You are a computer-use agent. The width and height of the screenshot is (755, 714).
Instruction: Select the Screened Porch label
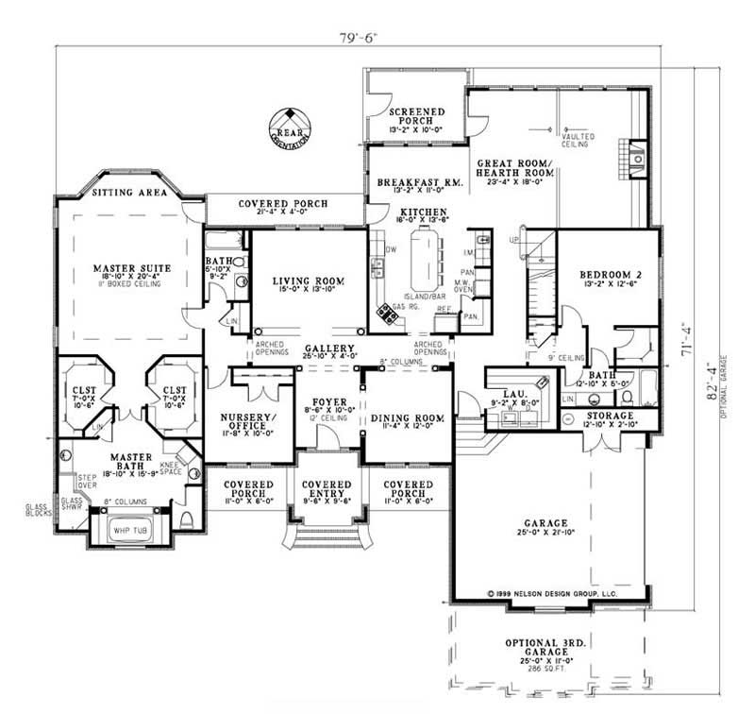(416, 115)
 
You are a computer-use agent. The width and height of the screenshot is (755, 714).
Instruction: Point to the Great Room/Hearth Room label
(514, 167)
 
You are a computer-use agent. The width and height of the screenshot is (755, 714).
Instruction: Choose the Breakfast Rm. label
(417, 182)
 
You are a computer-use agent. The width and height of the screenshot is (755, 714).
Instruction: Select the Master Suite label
(131, 268)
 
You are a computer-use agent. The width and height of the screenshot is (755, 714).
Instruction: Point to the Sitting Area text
(129, 193)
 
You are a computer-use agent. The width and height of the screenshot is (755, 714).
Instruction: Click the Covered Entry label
(327, 488)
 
